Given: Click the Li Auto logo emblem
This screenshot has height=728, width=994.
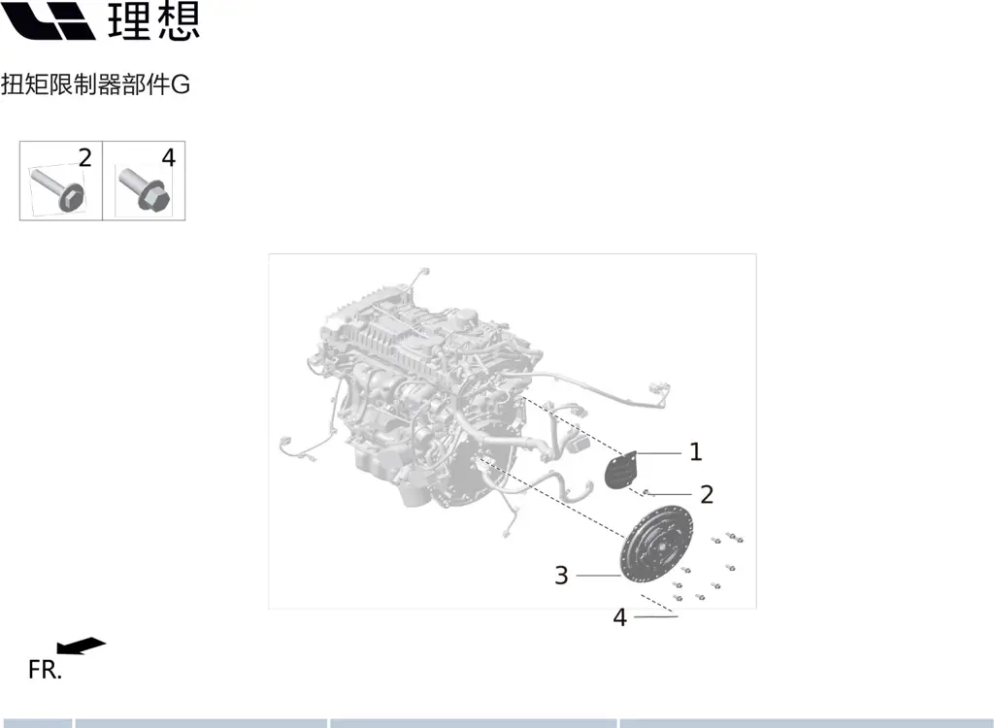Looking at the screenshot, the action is [x=48, y=20].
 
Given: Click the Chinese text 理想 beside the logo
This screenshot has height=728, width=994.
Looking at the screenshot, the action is [x=154, y=20].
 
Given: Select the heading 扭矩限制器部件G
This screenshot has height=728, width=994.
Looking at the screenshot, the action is [x=95, y=84].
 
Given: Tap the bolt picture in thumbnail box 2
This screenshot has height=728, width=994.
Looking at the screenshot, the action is [x=57, y=189].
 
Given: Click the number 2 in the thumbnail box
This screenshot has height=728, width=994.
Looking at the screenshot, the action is [x=85, y=158].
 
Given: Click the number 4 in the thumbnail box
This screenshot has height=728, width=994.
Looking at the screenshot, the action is [x=169, y=158].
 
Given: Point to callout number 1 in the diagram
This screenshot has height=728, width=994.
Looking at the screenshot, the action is [x=695, y=452].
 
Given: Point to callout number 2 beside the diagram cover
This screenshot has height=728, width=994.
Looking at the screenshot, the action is [x=707, y=495].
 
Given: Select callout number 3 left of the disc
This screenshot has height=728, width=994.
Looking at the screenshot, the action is [x=561, y=576].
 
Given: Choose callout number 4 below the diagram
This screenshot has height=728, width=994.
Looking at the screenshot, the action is [x=620, y=617].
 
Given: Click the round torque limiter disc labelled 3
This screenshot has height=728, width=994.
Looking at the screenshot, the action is [x=656, y=545].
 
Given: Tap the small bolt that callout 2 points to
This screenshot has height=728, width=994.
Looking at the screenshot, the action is [x=645, y=492].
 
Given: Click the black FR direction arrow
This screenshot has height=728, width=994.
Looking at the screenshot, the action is [x=82, y=645].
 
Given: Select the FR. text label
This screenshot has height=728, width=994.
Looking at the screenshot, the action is [x=45, y=670].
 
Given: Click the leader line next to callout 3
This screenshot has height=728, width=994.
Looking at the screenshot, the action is [x=598, y=576].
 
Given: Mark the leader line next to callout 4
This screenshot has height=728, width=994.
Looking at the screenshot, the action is [x=655, y=616].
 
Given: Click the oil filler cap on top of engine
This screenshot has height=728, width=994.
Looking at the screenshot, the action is [x=467, y=316].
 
